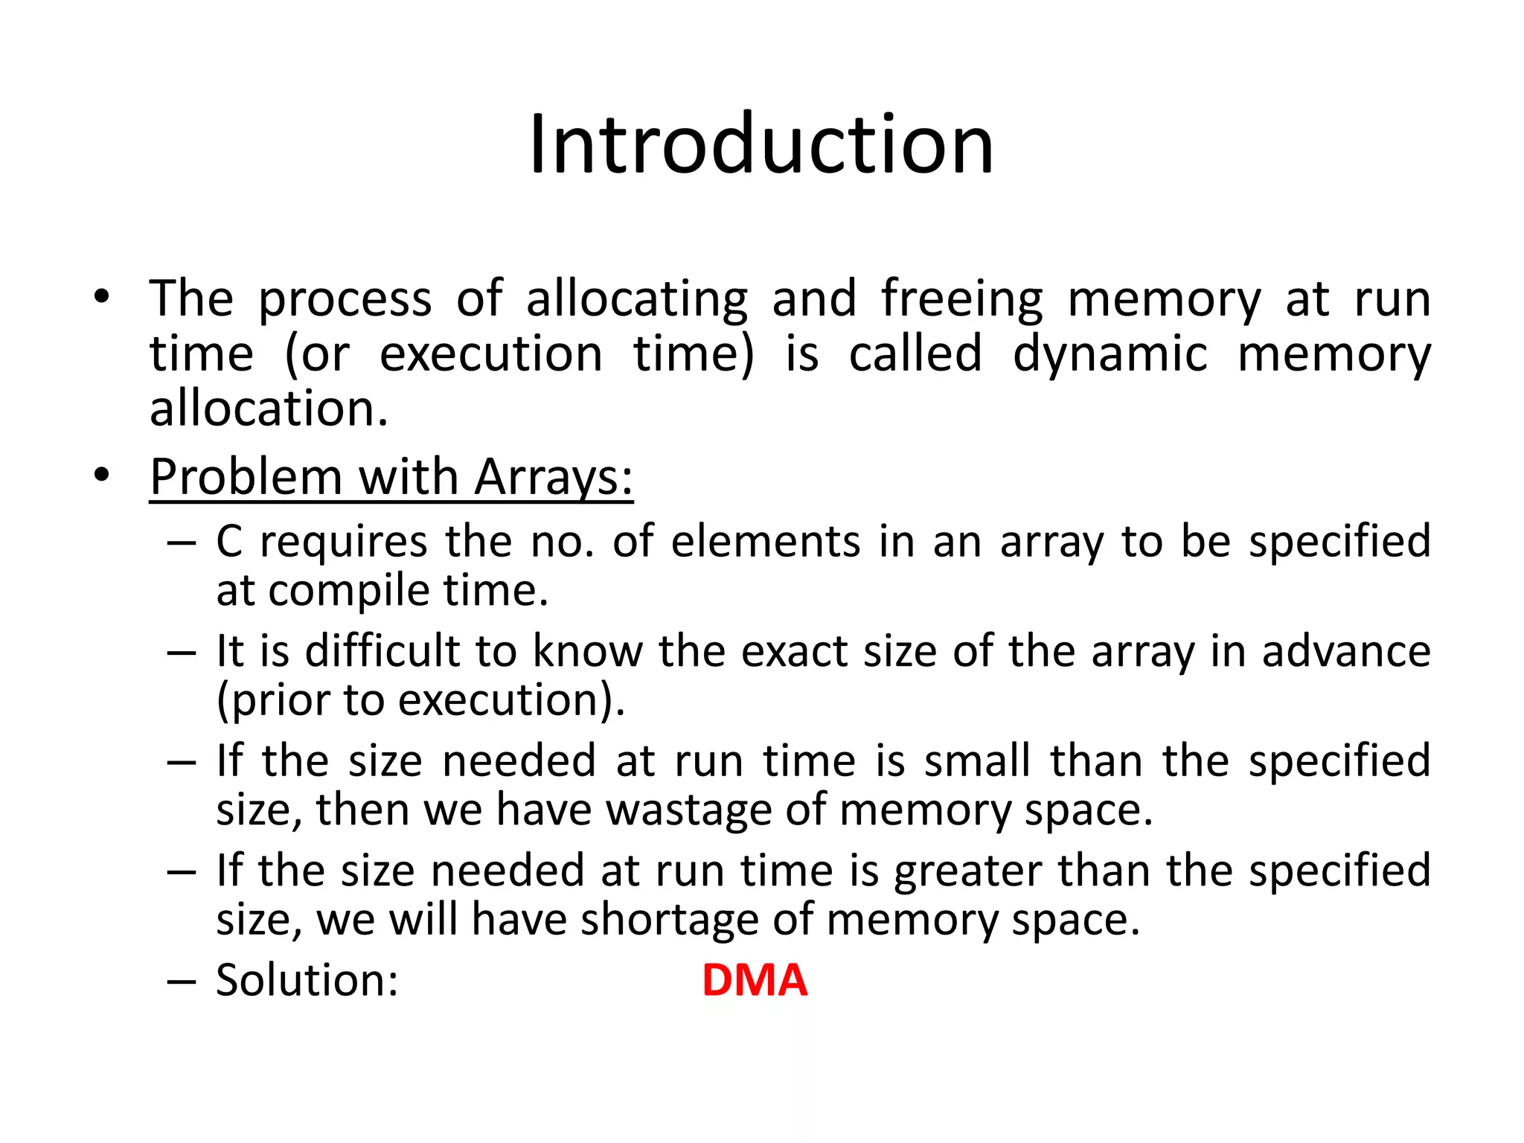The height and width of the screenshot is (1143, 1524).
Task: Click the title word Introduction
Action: (761, 144)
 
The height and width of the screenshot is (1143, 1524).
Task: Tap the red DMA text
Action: (754, 980)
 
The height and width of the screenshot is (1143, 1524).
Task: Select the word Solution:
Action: (307, 980)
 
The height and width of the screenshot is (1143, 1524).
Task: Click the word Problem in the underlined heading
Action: (245, 477)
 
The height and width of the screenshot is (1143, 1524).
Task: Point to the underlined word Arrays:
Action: (554, 477)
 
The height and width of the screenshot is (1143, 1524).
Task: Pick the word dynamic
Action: (1110, 354)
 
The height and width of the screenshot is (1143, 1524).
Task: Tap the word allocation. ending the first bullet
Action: (269, 409)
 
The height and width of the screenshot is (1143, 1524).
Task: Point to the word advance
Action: (1346, 651)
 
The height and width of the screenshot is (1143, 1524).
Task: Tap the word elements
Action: (766, 541)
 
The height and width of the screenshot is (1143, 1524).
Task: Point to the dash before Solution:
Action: (182, 982)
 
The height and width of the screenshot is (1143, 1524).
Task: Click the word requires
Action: (343, 542)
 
